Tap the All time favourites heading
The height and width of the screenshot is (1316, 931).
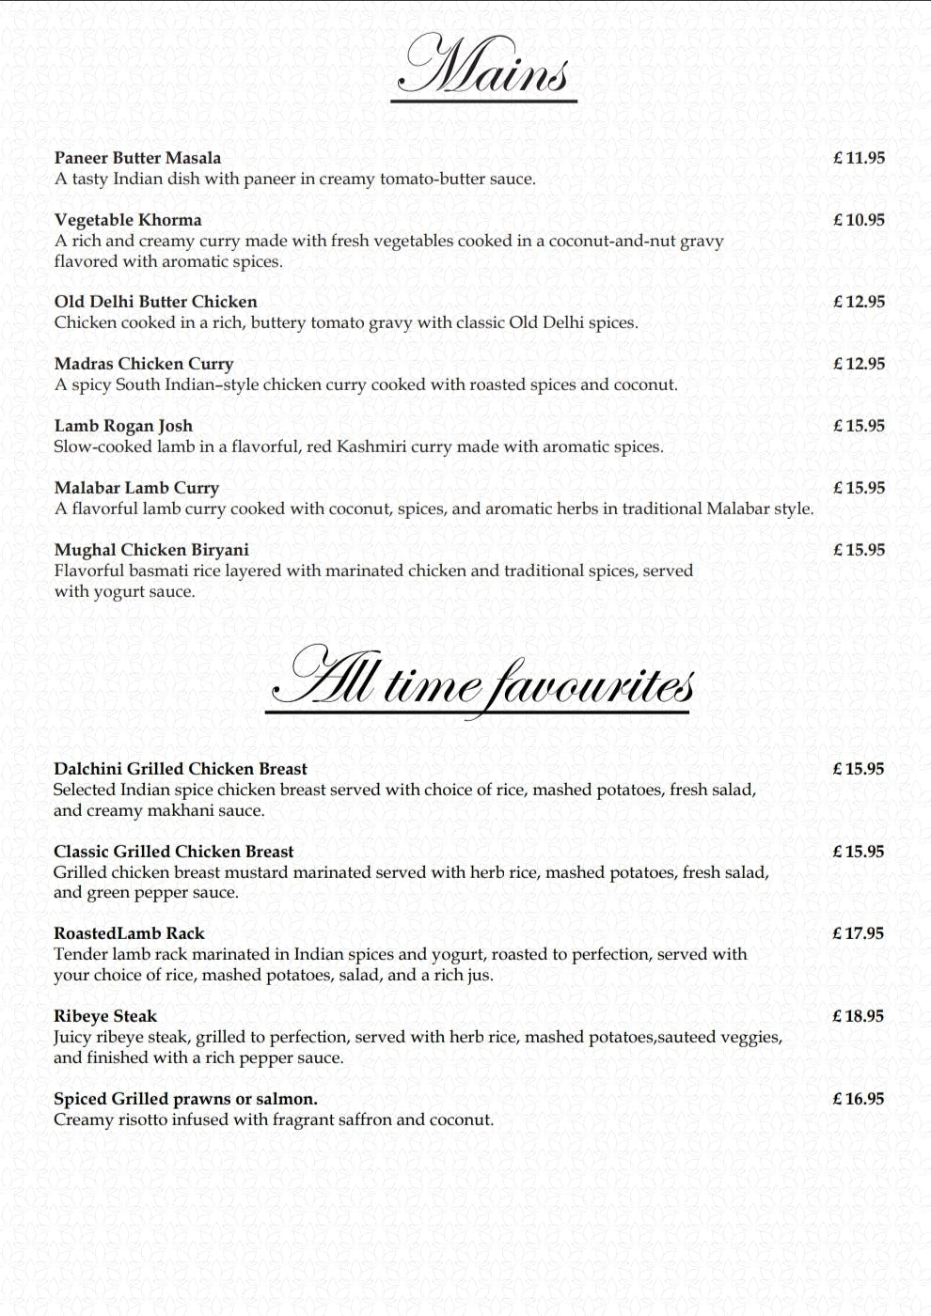click(x=481, y=681)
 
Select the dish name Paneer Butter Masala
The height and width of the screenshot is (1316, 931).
click(x=137, y=158)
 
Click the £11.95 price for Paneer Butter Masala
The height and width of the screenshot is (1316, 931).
click(x=859, y=158)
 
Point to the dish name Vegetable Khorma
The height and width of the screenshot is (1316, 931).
click(x=128, y=220)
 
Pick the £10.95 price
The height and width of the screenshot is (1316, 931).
click(x=859, y=220)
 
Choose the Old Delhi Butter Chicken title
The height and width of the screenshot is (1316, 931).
click(x=155, y=302)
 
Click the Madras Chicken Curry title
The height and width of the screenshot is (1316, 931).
click(x=144, y=364)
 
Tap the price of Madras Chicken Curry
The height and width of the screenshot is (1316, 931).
click(x=859, y=364)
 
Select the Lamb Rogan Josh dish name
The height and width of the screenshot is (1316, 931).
click(x=123, y=426)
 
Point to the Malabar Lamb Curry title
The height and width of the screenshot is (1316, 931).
click(x=136, y=488)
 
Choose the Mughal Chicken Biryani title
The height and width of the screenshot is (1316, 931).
click(x=151, y=550)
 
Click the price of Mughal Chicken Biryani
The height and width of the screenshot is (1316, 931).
click(x=859, y=550)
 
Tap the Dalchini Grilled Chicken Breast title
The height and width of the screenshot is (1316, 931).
click(x=181, y=769)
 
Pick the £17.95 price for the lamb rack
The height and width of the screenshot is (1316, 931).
click(x=858, y=933)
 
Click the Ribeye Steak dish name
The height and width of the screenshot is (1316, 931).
click(x=105, y=1016)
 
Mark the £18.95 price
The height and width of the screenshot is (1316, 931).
click(x=858, y=1016)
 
